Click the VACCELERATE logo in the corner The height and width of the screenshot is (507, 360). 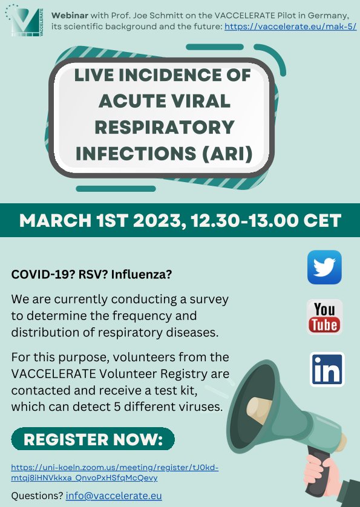tap(24, 21)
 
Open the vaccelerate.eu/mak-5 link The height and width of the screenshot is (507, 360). tap(290, 26)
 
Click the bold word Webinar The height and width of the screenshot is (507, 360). tap(70, 15)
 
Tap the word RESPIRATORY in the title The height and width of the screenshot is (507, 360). tap(165, 127)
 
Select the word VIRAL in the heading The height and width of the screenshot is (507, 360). tap(198, 101)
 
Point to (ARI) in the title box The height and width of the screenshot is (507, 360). tap(227, 153)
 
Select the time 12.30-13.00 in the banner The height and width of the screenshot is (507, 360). tap(244, 220)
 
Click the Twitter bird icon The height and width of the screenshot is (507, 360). tap(324, 267)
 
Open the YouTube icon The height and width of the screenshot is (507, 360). tap(324, 317)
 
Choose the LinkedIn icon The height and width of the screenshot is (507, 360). tap(327, 369)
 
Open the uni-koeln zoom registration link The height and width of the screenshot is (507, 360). tap(115, 473)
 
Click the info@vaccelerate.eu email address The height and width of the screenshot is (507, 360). tap(114, 496)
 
